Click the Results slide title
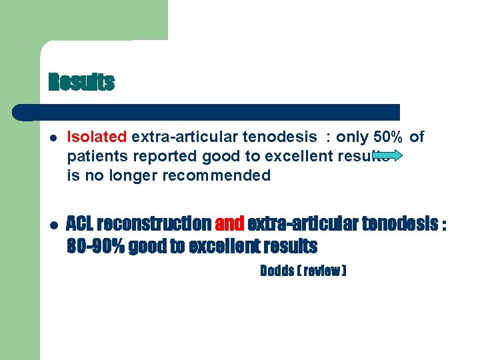(x=81, y=83)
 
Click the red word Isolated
(x=97, y=137)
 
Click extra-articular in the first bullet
(x=177, y=137)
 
